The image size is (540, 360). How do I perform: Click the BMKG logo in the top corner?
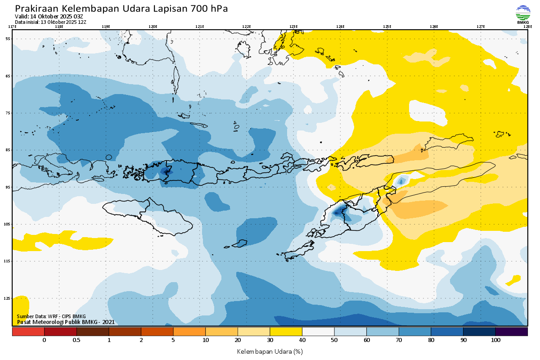523,14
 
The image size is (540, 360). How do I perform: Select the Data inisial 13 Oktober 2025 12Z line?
50,22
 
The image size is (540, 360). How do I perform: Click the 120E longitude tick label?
153,27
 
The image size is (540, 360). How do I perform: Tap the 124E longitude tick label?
340,27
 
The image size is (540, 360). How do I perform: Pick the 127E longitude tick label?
481,27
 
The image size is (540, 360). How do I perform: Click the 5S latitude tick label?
8,39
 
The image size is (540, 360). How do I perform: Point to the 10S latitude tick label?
7,224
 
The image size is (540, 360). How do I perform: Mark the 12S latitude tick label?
7,298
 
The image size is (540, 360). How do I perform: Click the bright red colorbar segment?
28,332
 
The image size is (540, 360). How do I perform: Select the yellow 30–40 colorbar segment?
286,332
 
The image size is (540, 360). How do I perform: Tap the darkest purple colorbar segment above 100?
512,332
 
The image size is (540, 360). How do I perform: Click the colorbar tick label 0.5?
76,340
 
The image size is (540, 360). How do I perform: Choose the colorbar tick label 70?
399,340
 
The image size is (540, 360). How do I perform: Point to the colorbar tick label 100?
495,340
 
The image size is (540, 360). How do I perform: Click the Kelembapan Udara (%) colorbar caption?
270,351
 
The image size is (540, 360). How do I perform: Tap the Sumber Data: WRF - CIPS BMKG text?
51,316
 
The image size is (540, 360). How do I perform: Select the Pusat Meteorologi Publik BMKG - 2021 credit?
66,322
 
